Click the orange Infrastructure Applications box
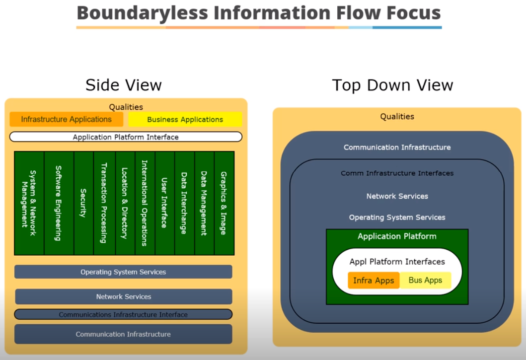[x=67, y=119]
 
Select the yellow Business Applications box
[x=185, y=120]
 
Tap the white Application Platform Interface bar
[x=126, y=137]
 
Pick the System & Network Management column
[x=29, y=203]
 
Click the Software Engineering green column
[x=59, y=203]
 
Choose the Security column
[x=83, y=203]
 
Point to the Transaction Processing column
[x=104, y=203]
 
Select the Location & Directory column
[x=125, y=203]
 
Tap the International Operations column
[x=145, y=203]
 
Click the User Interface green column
[x=165, y=203]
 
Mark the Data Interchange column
[x=184, y=203]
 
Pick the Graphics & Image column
[x=224, y=203]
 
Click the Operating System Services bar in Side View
[x=123, y=272]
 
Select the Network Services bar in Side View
[x=124, y=296]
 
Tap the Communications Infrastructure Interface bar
[x=123, y=314]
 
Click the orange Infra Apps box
[x=374, y=280]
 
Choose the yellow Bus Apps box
[x=425, y=280]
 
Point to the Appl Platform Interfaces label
[x=397, y=262]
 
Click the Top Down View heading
[x=392, y=85]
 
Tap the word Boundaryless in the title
[x=142, y=13]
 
